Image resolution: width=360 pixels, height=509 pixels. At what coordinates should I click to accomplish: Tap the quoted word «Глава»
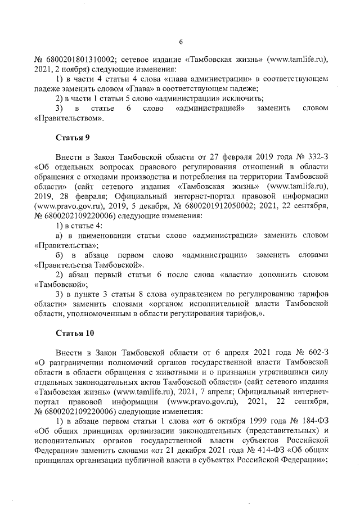point(129,89)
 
